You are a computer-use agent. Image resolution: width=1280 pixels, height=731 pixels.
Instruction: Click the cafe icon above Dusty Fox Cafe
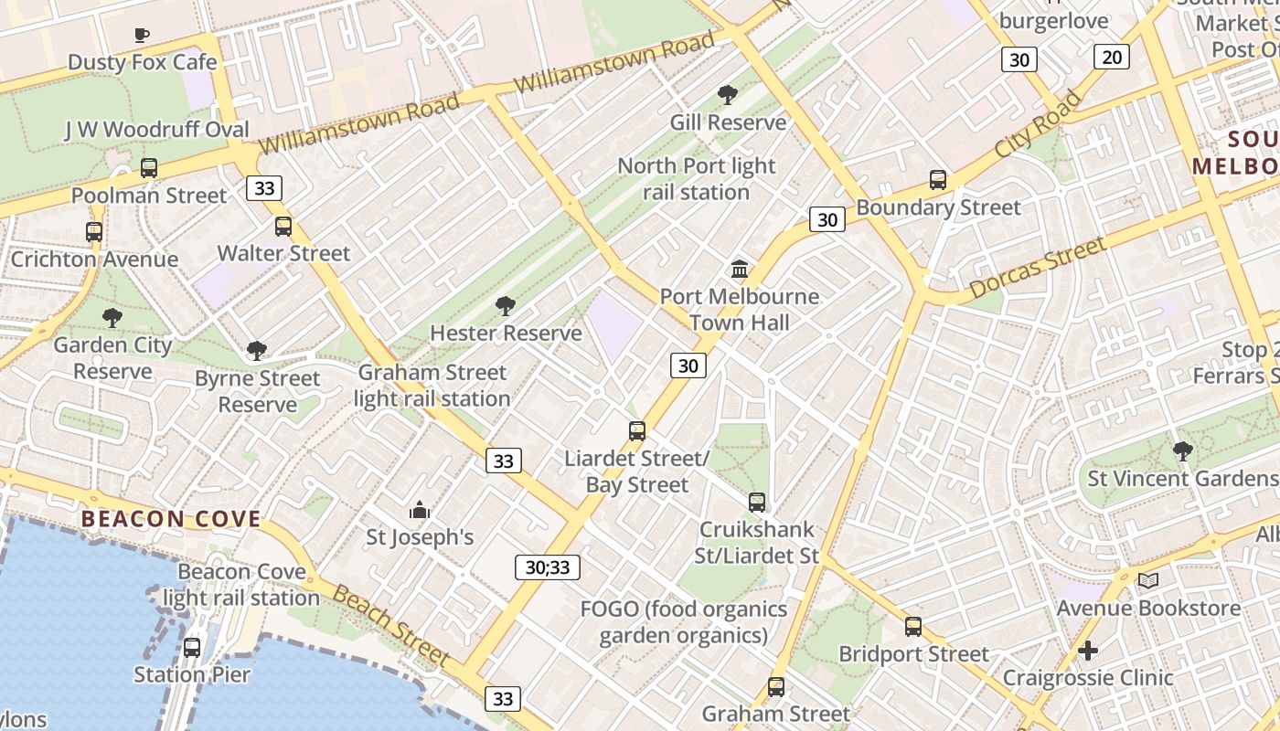(x=142, y=36)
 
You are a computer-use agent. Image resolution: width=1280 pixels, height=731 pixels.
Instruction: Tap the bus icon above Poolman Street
(x=149, y=168)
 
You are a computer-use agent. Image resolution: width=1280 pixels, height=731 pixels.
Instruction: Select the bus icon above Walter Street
(x=283, y=227)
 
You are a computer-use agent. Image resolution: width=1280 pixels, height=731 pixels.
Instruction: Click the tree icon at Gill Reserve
(x=728, y=94)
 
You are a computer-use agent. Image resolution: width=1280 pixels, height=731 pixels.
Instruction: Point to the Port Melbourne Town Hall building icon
(x=740, y=270)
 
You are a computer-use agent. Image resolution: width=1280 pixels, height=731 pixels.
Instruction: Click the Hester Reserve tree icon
(x=505, y=306)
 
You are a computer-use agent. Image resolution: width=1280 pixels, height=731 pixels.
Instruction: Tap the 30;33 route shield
(x=548, y=567)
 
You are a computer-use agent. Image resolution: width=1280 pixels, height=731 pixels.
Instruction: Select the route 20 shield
(x=1112, y=57)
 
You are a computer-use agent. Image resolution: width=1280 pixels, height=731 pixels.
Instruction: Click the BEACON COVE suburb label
(x=171, y=519)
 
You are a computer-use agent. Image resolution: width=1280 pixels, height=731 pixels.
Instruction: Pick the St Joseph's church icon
(x=420, y=510)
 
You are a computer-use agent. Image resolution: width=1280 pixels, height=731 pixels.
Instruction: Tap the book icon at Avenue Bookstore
(x=1148, y=580)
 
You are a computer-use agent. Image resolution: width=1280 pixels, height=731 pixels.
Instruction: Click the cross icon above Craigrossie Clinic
(x=1087, y=651)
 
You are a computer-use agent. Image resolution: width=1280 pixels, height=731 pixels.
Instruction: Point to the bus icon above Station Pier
(x=192, y=648)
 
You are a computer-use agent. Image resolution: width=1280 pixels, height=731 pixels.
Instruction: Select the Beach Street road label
(x=391, y=626)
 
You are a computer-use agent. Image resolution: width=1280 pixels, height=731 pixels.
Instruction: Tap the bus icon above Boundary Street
(x=938, y=180)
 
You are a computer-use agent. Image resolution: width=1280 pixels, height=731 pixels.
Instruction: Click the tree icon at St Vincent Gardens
(x=1182, y=450)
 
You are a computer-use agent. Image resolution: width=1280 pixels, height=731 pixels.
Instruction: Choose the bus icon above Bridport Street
(x=913, y=627)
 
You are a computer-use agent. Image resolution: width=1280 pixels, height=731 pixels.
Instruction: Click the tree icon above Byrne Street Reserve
(x=257, y=351)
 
